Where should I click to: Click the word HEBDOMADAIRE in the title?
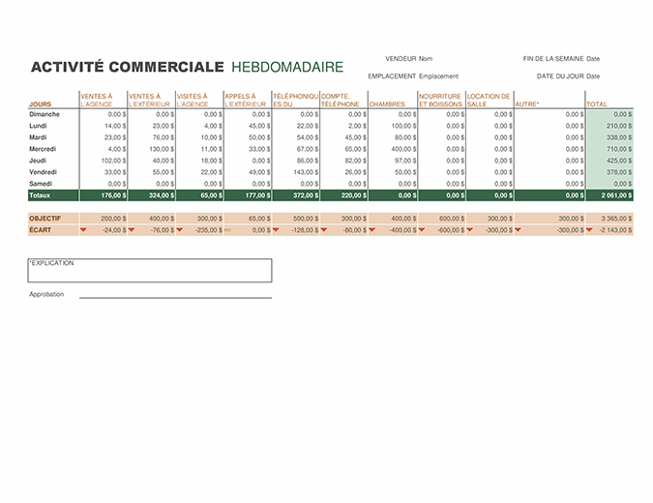pos(287,68)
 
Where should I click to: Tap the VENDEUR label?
pos(400,58)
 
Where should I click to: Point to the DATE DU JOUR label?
pos(559,76)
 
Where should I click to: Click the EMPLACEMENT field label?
pos(392,76)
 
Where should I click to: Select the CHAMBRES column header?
pos(387,104)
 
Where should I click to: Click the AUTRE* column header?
pos(527,104)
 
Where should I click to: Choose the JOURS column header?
pos(41,104)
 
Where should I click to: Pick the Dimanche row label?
pos(45,114)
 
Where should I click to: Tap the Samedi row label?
pos(41,184)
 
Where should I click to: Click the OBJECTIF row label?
pos(45,219)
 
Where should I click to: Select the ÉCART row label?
pos(40,230)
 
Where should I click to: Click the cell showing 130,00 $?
pos(159,149)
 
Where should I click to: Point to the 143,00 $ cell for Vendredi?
pos(303,172)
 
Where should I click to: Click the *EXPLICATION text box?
pos(149,270)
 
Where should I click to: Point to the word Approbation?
pos(46,294)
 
